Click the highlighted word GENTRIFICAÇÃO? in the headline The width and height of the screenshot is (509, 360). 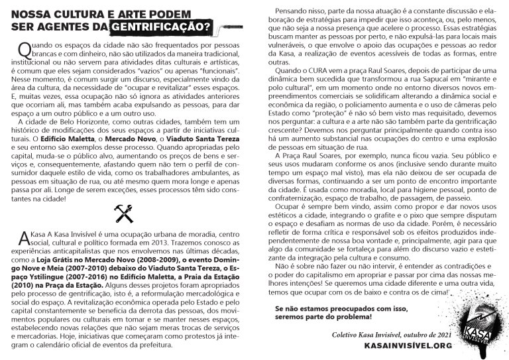(160, 27)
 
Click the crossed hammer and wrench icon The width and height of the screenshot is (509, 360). (124, 213)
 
